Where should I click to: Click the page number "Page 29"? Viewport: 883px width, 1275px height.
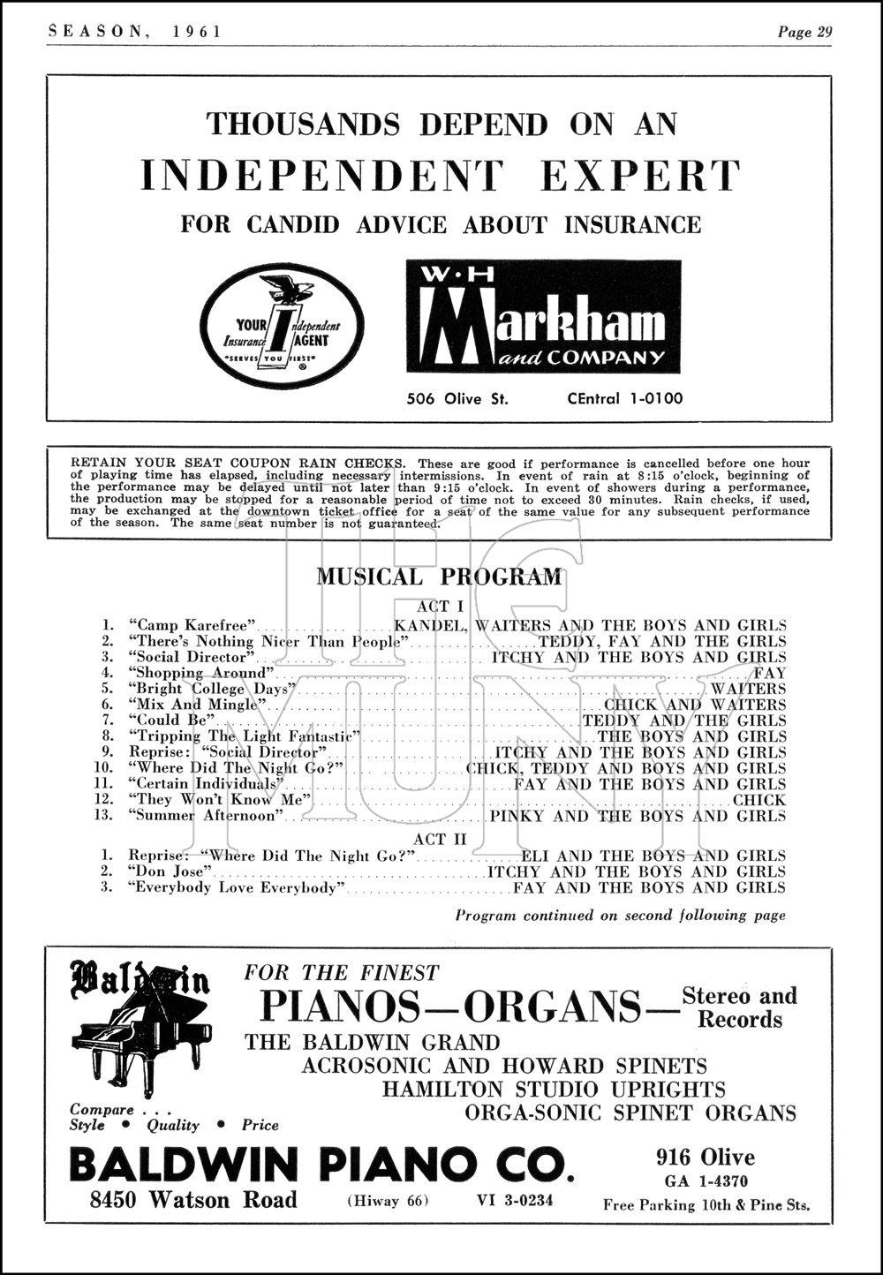coord(804,33)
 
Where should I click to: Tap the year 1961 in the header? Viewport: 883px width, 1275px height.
coord(198,33)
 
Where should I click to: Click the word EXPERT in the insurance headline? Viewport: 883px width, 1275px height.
coord(639,175)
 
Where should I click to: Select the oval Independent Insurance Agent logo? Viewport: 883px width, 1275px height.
coord(276,326)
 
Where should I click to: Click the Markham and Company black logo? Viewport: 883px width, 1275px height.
coord(543,316)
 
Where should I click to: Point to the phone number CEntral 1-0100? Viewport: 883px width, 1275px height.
coord(624,398)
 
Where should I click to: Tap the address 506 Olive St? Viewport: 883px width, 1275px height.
coord(457,398)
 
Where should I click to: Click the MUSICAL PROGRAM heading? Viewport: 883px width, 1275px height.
coord(439,577)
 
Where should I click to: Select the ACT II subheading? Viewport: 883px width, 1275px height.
coord(441,838)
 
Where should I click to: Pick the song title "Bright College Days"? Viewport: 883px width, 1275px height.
coord(209,689)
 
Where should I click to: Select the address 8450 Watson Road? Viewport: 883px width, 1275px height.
coord(192,1199)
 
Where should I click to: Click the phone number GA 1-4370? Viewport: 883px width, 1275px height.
coord(706,1181)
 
